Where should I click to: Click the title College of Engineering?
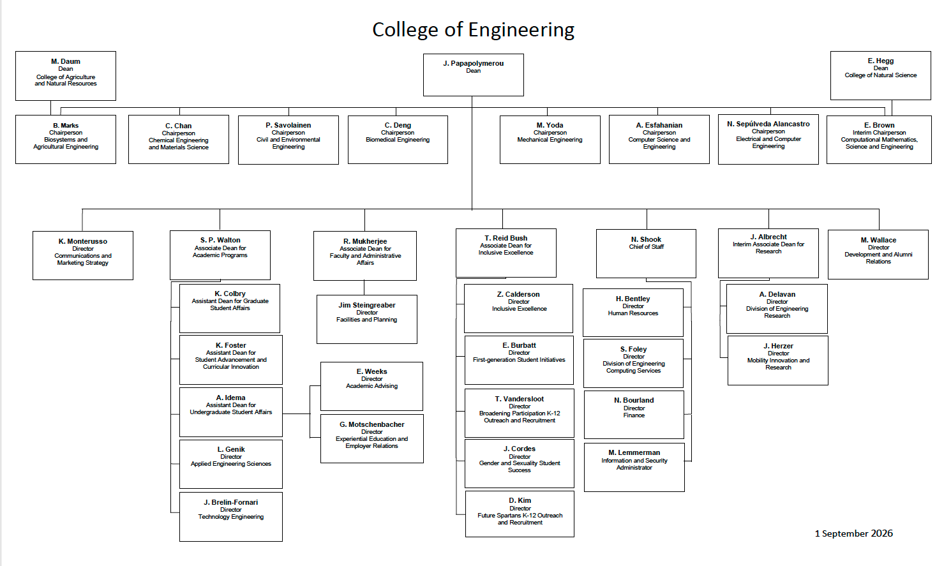(473, 29)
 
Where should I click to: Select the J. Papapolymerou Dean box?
(473, 75)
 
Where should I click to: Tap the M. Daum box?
(66, 76)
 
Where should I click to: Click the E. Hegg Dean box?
(880, 76)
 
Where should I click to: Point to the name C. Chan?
(178, 126)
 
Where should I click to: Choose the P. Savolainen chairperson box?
(288, 140)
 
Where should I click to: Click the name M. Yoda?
(550, 125)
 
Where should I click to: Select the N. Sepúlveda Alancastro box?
(768, 140)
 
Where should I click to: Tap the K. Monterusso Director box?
(83, 255)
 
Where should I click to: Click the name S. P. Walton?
(220, 240)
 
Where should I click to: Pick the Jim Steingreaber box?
(366, 320)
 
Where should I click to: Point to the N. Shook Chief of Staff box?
(646, 254)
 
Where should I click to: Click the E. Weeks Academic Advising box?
(371, 387)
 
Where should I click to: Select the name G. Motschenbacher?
(371, 424)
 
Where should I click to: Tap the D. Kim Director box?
(520, 514)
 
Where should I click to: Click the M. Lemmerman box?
(634, 467)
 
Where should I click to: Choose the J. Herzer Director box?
(778, 361)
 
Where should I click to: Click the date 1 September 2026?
(854, 533)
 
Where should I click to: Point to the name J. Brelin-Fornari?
(231, 502)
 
